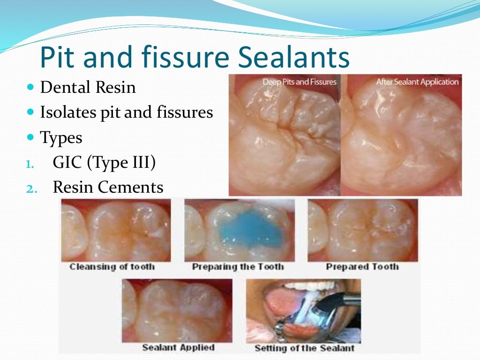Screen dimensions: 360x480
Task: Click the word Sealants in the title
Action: point(294,58)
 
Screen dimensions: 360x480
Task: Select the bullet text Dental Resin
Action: point(88,88)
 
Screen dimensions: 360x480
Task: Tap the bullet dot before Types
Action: point(31,137)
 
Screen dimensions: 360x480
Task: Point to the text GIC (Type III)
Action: point(104,163)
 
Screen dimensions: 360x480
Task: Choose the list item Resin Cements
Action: point(108,187)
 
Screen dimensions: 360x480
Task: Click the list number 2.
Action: point(29,188)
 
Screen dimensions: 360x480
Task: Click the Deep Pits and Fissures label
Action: point(299,82)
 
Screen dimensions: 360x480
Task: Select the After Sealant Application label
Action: point(417,82)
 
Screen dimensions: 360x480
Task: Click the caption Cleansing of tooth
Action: point(112,267)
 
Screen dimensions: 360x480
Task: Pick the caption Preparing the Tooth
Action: point(238,267)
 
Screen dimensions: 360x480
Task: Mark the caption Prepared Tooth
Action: point(362,267)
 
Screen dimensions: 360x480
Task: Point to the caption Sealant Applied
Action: point(178,348)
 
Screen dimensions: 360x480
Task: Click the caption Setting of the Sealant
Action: point(304,348)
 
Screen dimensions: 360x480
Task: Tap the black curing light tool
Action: point(338,303)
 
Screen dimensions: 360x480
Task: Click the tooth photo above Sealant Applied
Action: point(177,310)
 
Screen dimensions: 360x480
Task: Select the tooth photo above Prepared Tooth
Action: point(362,230)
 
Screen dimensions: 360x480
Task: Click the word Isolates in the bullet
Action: point(66,112)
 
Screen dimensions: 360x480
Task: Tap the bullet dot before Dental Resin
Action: point(31,88)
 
